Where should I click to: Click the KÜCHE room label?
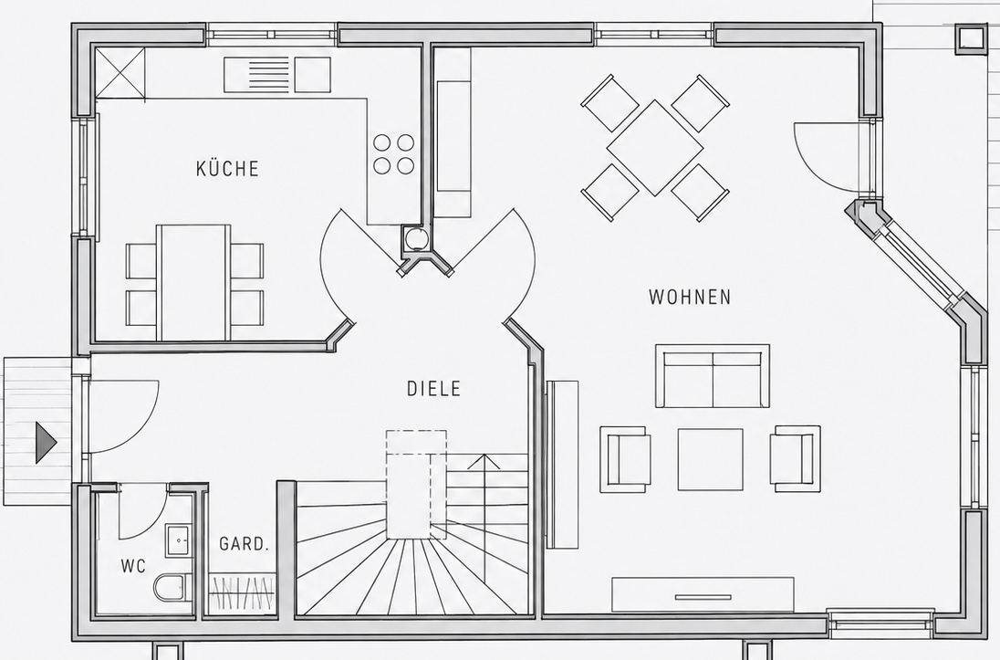(227, 169)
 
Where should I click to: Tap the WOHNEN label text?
(690, 298)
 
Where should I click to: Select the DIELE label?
(433, 389)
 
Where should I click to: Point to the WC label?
(133, 566)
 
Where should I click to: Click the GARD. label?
(245, 544)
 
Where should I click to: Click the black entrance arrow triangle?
(46, 443)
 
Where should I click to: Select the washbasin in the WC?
(179, 540)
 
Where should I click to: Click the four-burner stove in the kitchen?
(393, 154)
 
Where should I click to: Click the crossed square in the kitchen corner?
(120, 73)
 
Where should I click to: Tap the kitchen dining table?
(193, 282)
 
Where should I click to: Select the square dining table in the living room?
(655, 148)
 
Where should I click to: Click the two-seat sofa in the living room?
(713, 376)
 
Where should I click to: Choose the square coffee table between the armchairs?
(711, 459)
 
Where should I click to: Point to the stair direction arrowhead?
(484, 462)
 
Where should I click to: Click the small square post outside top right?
(970, 37)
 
